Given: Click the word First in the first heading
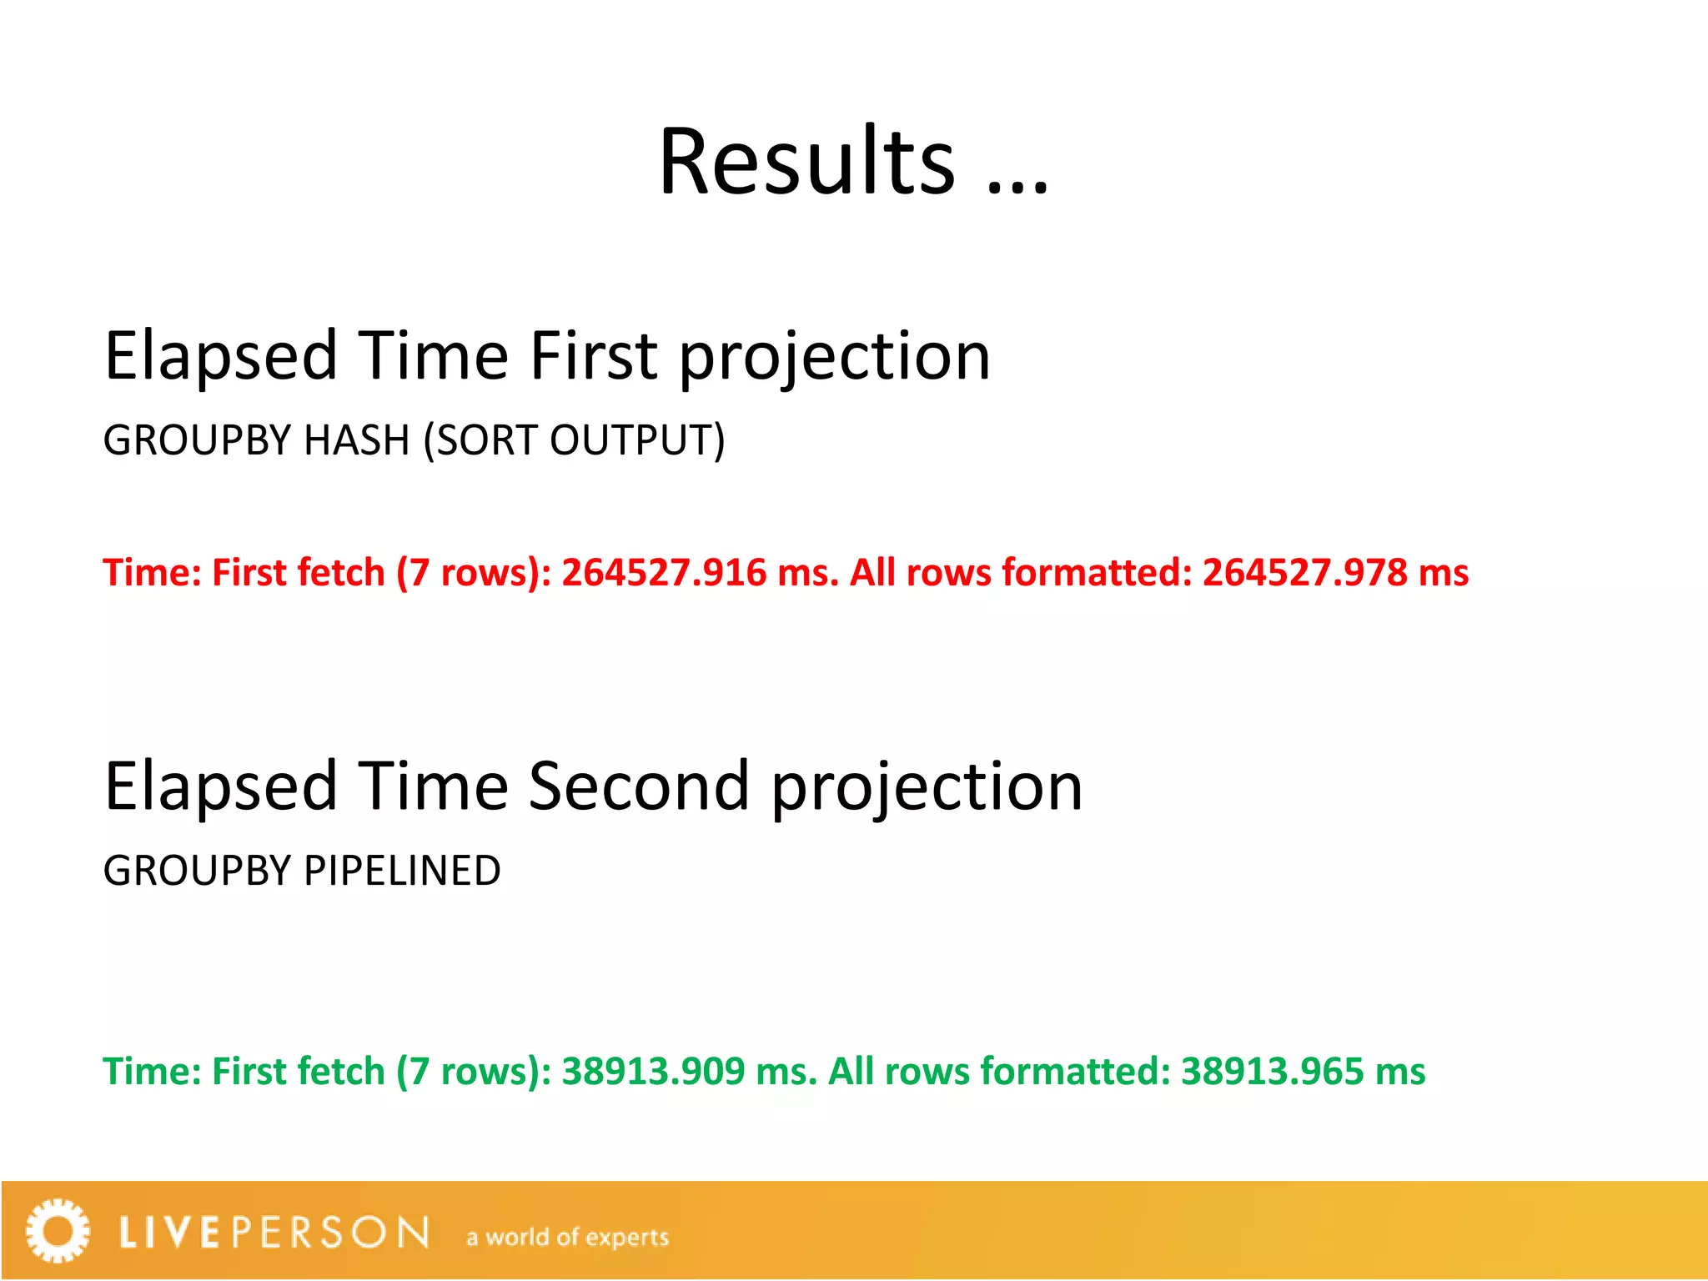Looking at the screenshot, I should pyautogui.click(x=594, y=356).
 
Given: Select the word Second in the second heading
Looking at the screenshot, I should pyautogui.click(x=639, y=786).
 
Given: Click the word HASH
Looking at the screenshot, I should pyautogui.click(x=356, y=440).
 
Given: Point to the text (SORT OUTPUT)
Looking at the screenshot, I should pyautogui.click(x=575, y=440).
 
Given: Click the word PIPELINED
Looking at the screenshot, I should pyautogui.click(x=402, y=871).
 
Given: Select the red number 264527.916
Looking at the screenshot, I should pyautogui.click(x=663, y=573).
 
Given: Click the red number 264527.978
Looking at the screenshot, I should pyautogui.click(x=1304, y=573).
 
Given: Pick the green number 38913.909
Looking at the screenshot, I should pyautogui.click(x=652, y=1072).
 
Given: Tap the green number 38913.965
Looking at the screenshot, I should pyautogui.click(x=1272, y=1072).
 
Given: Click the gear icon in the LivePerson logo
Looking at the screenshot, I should pyautogui.click(x=57, y=1231).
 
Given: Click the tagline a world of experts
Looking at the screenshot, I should pyautogui.click(x=567, y=1237).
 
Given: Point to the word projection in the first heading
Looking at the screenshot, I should pyautogui.click(x=835, y=356).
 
